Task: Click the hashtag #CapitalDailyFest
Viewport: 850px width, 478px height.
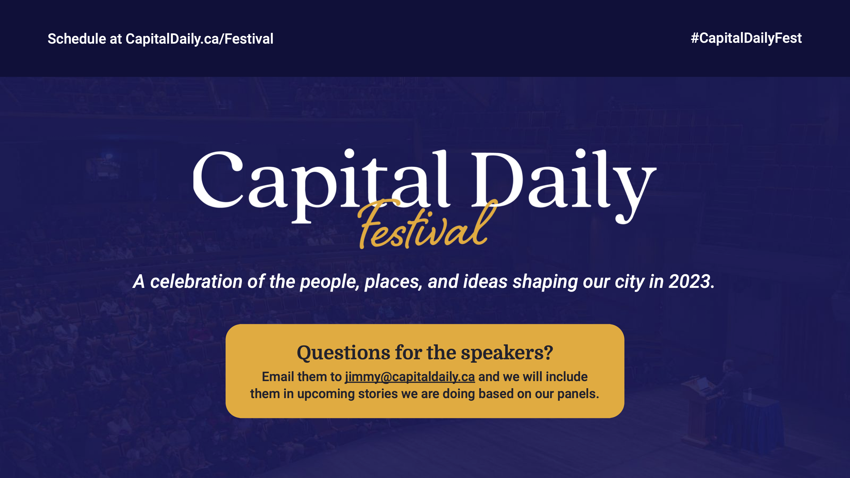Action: tap(746, 38)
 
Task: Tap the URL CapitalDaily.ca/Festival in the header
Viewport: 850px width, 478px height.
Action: tap(199, 39)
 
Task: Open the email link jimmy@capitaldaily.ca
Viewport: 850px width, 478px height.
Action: tap(410, 377)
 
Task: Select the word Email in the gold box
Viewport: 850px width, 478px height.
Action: tap(277, 377)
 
